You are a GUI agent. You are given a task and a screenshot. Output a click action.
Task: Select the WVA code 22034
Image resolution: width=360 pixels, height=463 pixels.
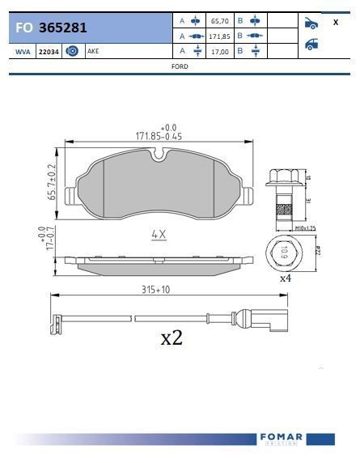[49, 51]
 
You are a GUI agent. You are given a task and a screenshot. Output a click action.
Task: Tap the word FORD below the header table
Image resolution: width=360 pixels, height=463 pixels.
[180, 66]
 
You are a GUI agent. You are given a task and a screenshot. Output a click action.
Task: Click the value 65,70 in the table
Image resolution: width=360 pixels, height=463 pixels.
[219, 21]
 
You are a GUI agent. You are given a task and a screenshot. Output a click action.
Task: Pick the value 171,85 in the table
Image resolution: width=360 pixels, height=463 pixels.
[219, 36]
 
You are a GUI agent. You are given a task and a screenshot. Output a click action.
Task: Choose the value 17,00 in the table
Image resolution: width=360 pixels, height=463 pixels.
[219, 51]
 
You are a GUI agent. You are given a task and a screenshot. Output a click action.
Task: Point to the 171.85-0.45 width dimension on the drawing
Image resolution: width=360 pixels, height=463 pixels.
[159, 136]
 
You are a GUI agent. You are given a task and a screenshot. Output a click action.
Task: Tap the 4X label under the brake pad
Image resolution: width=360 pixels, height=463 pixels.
[159, 235]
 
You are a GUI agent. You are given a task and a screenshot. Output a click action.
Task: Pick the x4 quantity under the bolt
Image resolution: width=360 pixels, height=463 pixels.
[285, 278]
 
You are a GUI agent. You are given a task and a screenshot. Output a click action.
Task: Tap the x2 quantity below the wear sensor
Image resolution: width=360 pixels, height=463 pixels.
[171, 338]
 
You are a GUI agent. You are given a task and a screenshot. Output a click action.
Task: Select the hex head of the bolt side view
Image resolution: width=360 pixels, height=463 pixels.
[282, 176]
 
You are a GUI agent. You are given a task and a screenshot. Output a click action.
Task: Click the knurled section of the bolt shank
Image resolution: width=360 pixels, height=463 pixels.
[282, 210]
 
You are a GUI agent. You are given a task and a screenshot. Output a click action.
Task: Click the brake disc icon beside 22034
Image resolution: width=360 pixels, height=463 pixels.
[71, 51]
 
